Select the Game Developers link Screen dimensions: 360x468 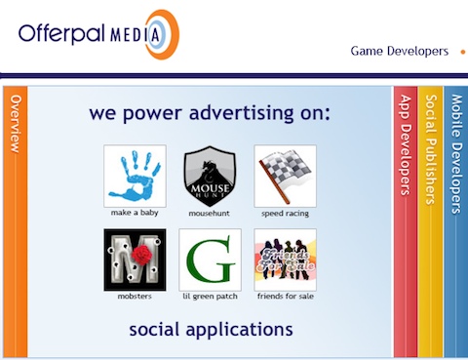point(400,51)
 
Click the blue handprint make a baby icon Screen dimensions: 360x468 point(135,176)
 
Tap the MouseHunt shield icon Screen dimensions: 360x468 point(210,176)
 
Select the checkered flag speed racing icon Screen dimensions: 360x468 point(285,176)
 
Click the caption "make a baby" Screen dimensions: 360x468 point(135,212)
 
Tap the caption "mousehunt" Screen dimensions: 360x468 point(210,212)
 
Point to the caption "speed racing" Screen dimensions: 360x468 point(285,212)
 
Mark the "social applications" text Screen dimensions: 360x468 point(211,329)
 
